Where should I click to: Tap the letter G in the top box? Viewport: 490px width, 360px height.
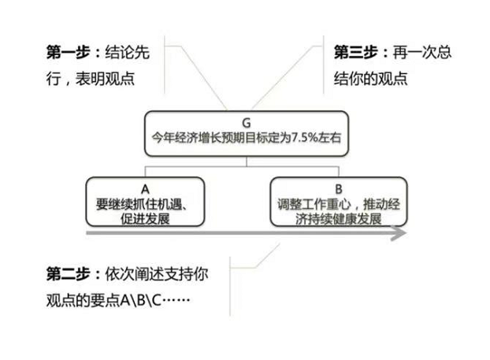coord(247,124)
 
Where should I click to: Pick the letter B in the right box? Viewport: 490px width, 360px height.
coord(338,189)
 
